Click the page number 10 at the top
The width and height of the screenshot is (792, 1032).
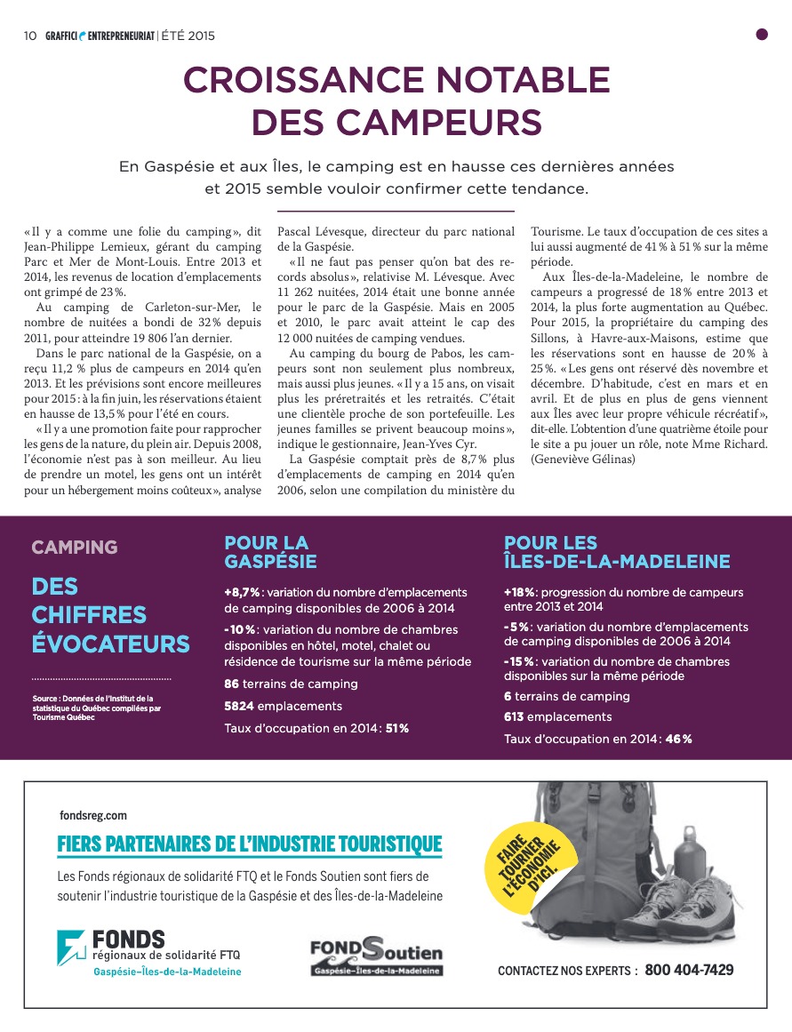29,36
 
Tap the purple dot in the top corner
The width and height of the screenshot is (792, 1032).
761,35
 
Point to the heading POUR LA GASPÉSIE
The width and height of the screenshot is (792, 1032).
270,551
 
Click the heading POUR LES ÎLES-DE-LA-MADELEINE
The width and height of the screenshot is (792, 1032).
616,551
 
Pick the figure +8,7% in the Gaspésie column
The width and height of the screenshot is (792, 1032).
242,592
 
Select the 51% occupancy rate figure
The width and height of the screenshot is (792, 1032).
397,728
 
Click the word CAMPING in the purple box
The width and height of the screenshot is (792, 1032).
75,547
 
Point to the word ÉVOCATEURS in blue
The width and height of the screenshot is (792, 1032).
110,644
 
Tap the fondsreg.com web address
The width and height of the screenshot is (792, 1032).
92,814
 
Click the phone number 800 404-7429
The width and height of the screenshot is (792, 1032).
689,970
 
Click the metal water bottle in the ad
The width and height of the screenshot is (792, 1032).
690,858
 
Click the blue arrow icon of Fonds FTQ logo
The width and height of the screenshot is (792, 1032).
71,948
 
